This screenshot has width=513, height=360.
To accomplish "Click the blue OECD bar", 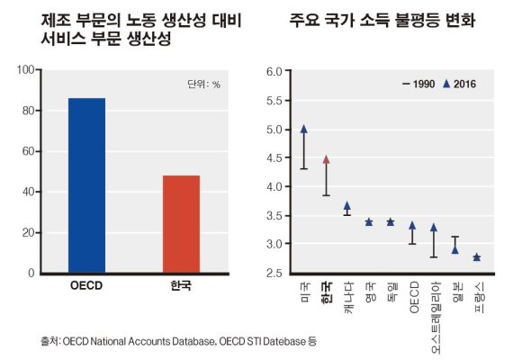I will click(86, 184).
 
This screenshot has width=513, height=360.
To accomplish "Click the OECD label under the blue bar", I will click(86, 287).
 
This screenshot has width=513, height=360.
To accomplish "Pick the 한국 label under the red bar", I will click(181, 287).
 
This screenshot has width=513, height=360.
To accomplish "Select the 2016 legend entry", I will click(460, 85).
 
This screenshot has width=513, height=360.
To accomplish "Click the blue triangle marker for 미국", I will click(304, 130).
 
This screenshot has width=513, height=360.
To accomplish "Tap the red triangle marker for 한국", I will click(326, 159).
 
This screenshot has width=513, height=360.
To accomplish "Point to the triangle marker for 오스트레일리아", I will click(434, 228).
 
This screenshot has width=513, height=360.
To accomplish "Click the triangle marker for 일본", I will click(455, 249).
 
